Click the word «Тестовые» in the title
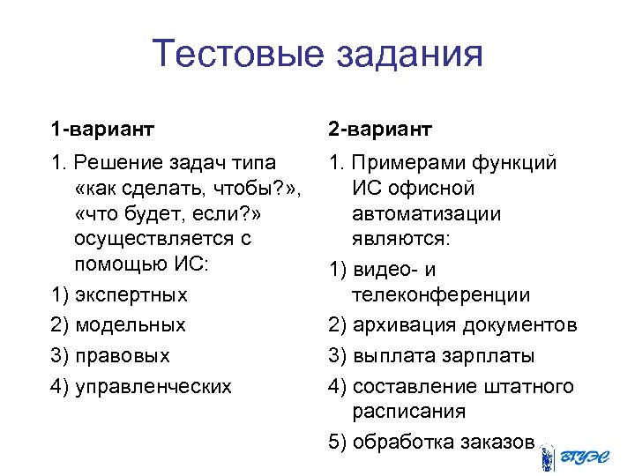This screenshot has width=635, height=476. tap(237, 54)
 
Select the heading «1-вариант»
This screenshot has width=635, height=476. tap(102, 130)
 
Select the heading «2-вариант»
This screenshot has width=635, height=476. tap(380, 130)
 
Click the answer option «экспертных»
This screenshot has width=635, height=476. tap(131, 293)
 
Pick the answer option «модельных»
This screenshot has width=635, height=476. tap(131, 324)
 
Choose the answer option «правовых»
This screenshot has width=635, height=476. tap(123, 356)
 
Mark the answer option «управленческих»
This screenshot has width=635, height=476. tap(153, 386)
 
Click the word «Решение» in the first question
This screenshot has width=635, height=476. tap(113, 163)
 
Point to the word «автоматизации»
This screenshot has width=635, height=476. tap(425, 213)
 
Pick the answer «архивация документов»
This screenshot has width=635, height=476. tap(465, 325)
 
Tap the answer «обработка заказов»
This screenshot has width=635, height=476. tap(444, 442)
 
